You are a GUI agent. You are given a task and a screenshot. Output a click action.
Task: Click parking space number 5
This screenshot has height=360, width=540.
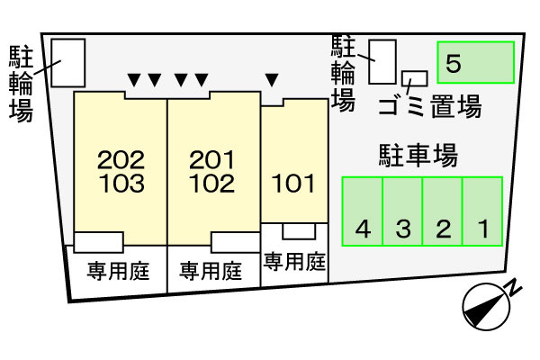475,62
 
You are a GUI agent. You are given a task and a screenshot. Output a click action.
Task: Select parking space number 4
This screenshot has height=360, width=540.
363,211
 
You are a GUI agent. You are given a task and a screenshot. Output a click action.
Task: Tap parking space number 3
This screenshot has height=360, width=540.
402,211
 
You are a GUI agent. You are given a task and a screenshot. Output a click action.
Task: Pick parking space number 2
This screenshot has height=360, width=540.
443,211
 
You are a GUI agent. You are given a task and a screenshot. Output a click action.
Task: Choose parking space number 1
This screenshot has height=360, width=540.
482,211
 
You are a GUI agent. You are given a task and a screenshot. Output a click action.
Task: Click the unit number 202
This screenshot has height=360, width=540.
121,160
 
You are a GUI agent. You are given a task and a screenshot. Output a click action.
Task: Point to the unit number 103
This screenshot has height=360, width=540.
121,184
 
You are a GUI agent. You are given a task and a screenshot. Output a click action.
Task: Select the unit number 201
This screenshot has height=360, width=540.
211,160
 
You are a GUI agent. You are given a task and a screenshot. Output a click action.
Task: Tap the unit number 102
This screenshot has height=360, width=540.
211,184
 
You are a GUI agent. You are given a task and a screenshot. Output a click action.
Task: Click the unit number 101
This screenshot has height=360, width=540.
293,184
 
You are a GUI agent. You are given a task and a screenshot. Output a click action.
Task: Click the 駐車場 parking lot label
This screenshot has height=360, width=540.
418,156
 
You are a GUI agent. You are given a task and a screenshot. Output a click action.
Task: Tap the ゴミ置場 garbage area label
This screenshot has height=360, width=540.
430,106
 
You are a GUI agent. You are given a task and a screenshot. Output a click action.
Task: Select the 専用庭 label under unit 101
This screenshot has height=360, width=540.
294,262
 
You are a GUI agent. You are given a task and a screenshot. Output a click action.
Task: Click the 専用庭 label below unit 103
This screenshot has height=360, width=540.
118,271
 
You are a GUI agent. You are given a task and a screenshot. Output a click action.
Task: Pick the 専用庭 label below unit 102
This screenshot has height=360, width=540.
211,271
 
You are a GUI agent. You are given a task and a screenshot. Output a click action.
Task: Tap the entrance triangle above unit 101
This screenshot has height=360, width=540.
272,80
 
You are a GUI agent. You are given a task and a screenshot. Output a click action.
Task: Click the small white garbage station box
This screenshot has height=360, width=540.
415,78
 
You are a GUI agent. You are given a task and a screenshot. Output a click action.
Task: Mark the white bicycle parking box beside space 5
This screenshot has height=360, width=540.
382,62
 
